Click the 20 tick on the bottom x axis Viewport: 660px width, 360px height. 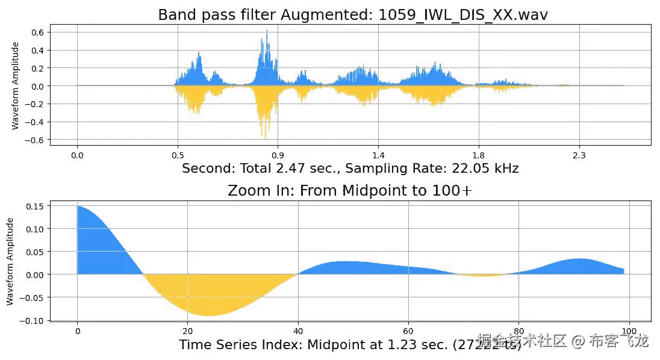coord(188,332)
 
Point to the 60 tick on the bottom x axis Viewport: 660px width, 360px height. coord(409,332)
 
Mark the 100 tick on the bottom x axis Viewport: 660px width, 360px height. coord(630,332)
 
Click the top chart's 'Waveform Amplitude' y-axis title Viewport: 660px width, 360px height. coord(16,85)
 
